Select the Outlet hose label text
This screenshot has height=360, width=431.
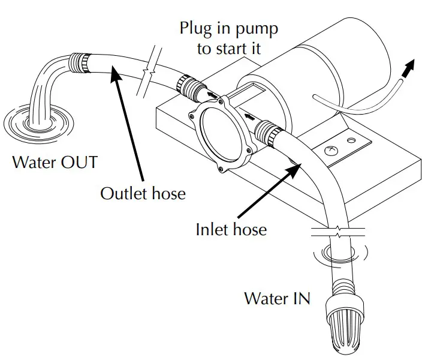click(x=143, y=194)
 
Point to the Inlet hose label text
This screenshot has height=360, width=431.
click(x=231, y=229)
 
